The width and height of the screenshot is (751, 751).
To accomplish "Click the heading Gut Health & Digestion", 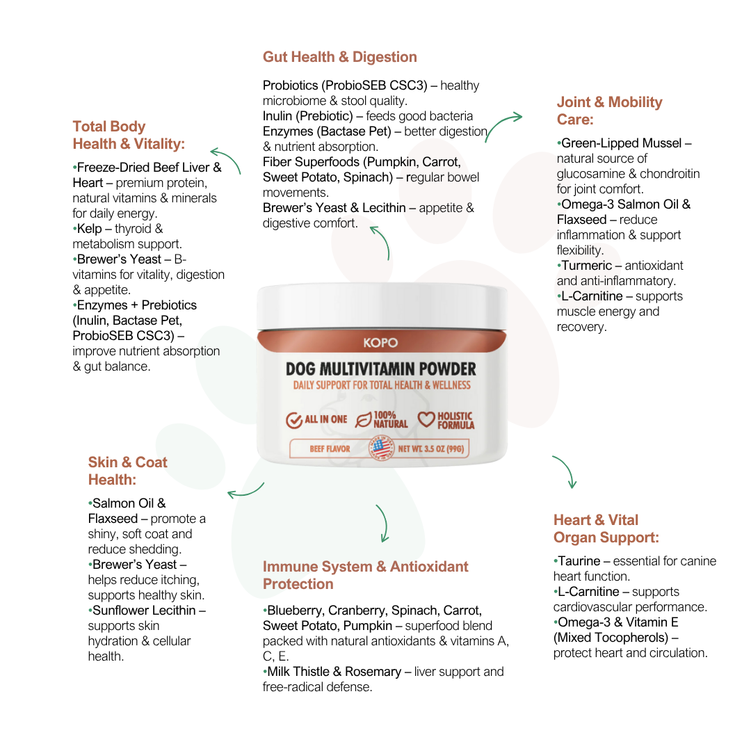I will coord(339,57).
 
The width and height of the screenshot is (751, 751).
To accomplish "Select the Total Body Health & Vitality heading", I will coord(129,136).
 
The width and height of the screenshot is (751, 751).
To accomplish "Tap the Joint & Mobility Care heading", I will coord(609,111).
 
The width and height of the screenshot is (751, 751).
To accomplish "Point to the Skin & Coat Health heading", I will coord(127,471).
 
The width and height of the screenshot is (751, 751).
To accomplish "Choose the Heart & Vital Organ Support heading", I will coord(606,528).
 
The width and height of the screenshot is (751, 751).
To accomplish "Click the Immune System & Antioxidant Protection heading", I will coord(365,575).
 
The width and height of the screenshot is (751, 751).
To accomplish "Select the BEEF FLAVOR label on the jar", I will coord(330,449).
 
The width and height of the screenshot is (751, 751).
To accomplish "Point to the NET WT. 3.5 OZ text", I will coord(431,449).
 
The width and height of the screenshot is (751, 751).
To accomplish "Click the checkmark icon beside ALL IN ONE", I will coord(294,420).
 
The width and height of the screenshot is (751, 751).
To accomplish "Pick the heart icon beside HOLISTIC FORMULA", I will coord(426,420).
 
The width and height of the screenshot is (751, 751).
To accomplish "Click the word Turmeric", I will coord(586,266).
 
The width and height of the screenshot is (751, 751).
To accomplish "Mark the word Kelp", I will coord(89,229).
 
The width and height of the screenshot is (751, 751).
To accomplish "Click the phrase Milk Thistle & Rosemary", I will coord(334,672).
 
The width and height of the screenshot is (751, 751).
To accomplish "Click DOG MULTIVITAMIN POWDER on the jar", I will coord(380,369).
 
